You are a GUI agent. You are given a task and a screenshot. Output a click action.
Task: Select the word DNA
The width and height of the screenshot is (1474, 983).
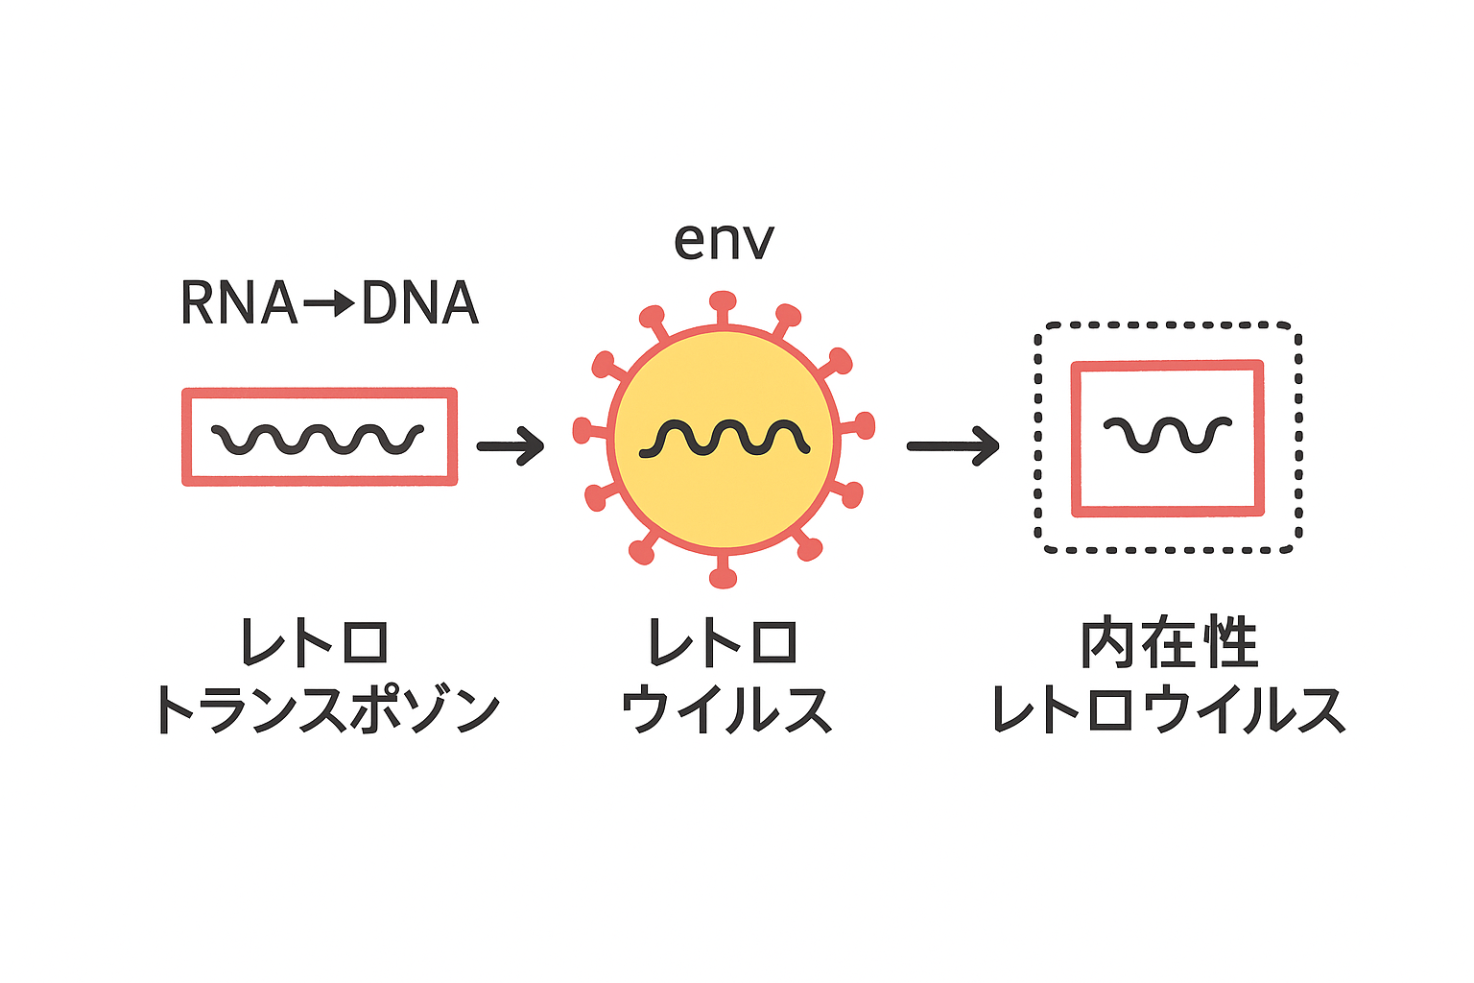click(x=419, y=303)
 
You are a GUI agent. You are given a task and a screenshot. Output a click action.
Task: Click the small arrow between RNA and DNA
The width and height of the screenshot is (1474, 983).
click(x=329, y=304)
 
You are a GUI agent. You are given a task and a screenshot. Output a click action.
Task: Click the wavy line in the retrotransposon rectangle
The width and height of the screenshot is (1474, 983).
click(x=318, y=439)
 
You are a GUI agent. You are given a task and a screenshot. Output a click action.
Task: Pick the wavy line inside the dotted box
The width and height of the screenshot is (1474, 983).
click(x=1167, y=434)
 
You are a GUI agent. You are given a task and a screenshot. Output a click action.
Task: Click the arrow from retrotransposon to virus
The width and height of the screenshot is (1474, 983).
click(x=511, y=445)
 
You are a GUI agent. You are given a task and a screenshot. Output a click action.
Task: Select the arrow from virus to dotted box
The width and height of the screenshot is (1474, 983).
click(x=953, y=445)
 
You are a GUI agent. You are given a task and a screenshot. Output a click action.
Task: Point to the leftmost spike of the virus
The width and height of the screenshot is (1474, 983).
click(x=582, y=430)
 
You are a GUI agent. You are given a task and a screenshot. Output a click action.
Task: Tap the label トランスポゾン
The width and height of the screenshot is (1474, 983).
click(x=327, y=711)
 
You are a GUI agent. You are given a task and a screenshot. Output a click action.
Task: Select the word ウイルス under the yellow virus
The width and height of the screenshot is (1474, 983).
click(x=725, y=711)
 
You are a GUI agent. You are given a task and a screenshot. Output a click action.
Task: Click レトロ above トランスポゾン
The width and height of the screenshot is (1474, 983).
click(x=315, y=643)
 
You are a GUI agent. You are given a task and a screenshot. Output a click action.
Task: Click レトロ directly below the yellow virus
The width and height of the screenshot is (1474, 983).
click(x=724, y=643)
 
